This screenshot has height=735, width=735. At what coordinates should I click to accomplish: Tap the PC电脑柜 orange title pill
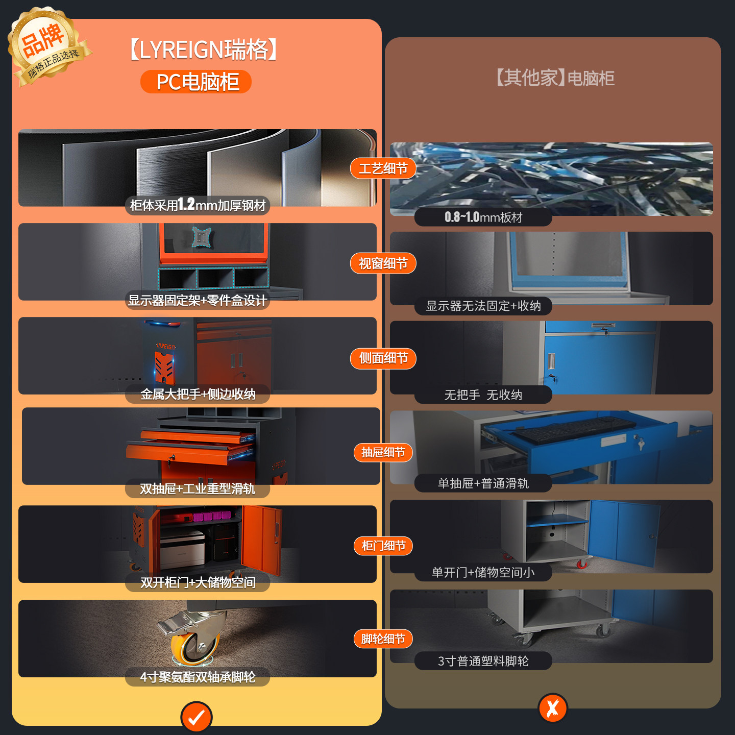196,82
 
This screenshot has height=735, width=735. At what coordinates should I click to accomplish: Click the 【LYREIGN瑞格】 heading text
202,50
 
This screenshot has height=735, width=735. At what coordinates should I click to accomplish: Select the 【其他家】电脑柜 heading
554,78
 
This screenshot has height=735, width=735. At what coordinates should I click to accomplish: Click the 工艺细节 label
383,168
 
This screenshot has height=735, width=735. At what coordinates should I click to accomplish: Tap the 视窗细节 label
383,263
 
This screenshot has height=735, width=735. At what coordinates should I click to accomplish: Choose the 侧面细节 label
383,358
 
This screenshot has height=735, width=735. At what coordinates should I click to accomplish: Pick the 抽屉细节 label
383,452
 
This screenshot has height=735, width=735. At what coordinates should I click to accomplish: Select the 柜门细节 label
383,546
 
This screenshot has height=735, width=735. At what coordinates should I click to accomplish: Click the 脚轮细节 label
383,639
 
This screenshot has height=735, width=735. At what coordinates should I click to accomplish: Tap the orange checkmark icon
197,717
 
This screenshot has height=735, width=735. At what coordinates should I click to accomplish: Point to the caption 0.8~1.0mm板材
483,217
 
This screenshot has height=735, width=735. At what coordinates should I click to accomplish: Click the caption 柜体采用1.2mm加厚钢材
198,205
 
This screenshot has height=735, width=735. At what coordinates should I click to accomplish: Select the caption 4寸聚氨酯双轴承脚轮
198,677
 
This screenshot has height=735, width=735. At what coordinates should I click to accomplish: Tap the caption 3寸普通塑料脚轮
483,661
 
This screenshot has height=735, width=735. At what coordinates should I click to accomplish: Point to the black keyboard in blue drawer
574,429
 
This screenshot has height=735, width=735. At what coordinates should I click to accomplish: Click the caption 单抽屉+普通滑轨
483,483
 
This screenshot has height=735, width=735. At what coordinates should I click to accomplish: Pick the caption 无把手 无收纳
483,395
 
